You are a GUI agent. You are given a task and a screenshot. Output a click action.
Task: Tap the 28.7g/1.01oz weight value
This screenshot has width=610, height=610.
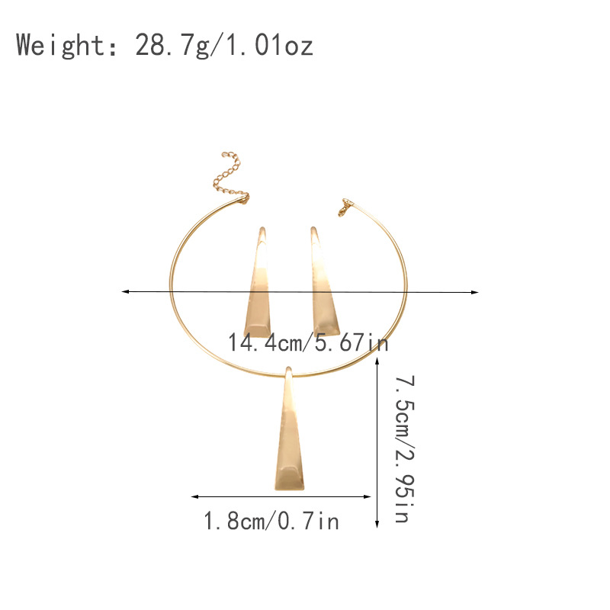(224, 45)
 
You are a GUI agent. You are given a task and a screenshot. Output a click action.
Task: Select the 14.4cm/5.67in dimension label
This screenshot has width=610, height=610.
(308, 342)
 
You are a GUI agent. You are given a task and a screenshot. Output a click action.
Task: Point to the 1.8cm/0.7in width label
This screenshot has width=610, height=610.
(271, 521)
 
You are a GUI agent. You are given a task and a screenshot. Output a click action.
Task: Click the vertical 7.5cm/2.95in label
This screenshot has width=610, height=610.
(405, 449)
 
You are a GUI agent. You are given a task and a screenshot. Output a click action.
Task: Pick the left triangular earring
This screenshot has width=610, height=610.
(258, 282)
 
